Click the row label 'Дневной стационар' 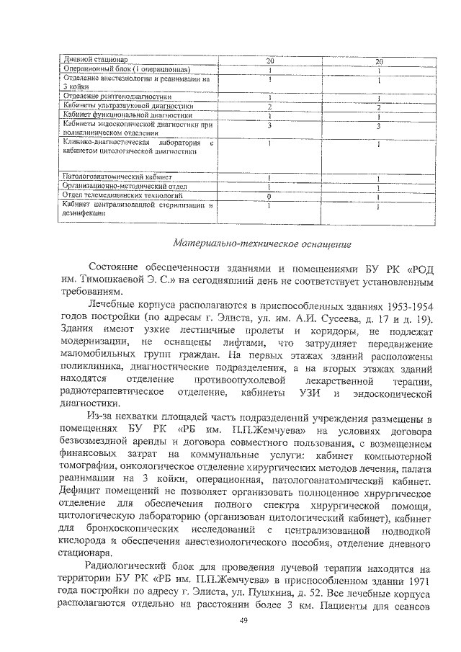coord(95,60)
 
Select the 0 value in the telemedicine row coord(268,195)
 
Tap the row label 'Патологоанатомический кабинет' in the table coord(117,177)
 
